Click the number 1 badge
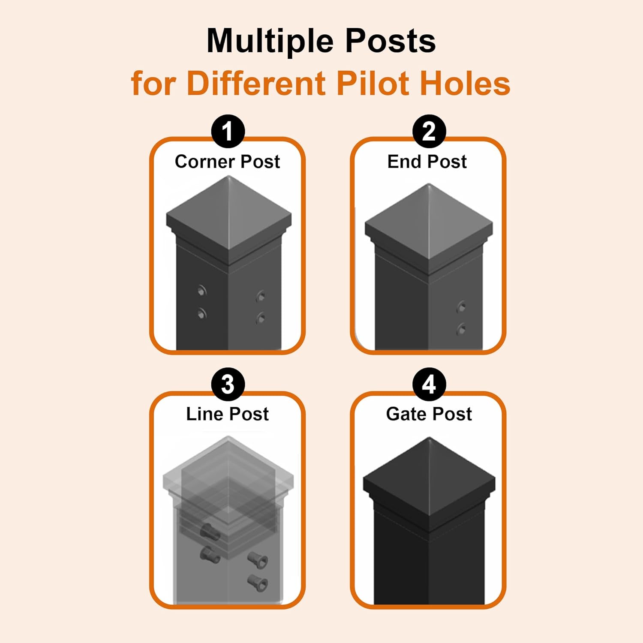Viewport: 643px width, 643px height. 228,131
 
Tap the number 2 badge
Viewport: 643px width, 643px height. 429,131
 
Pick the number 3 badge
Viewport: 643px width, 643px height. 228,384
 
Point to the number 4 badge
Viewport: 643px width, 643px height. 429,384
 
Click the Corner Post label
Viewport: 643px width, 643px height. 227,162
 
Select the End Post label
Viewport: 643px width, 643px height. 427,162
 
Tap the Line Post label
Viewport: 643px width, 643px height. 227,414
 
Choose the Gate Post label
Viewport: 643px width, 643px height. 429,414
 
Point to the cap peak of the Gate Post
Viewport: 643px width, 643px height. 429,438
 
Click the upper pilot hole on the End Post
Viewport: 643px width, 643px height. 462,307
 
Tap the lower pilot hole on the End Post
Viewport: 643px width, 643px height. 462,329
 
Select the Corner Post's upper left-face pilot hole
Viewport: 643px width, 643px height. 202,291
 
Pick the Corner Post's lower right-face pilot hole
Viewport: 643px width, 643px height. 260,318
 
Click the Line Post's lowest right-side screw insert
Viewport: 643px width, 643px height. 258,582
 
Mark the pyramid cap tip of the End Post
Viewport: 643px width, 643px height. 429,185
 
